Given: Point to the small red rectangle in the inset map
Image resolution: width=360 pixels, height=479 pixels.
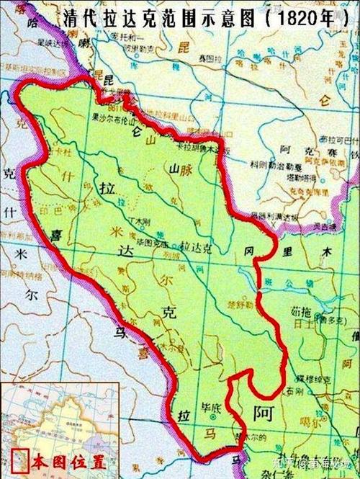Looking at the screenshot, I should [x=19, y=459].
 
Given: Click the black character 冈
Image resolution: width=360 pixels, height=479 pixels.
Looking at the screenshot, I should [x=248, y=252].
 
